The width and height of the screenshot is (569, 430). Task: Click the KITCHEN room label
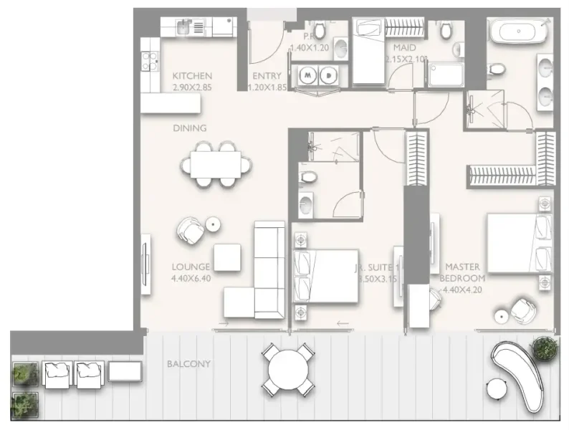point(192,76)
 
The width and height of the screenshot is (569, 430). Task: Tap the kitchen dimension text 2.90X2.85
point(192,87)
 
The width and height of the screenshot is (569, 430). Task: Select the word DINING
point(189,128)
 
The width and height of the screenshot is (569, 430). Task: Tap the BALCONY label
point(188,364)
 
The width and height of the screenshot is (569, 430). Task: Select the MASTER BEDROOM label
point(462,272)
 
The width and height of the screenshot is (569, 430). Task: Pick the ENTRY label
point(266,76)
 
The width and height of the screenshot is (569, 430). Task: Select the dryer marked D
point(327,74)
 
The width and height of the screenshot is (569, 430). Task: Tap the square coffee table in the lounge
point(227,257)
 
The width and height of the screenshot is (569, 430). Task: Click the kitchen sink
point(183,27)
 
